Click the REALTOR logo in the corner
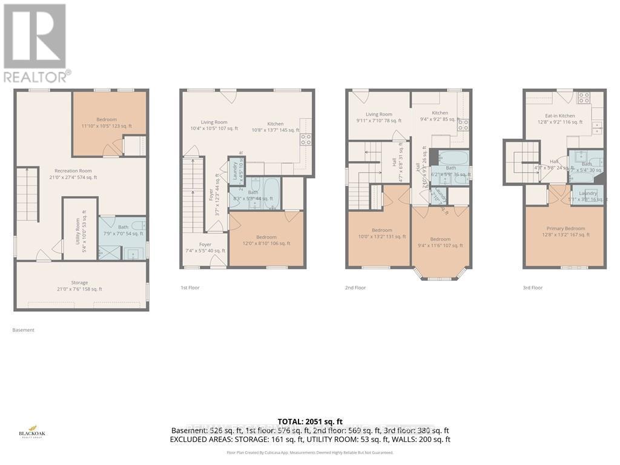coord(35,42)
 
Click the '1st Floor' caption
coord(190,288)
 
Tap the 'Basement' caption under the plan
coord(24,330)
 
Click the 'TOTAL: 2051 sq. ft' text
coord(309,421)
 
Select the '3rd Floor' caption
coord(532,288)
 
